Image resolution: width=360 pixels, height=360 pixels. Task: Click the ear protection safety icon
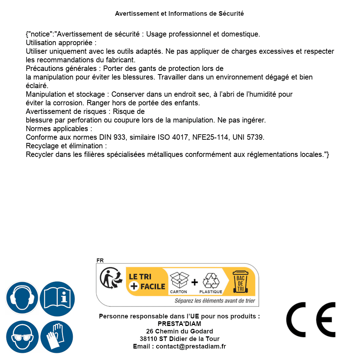click(x=22, y=298)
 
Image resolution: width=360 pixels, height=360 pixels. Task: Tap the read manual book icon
click(x=57, y=298)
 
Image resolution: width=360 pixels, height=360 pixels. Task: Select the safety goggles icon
click(x=22, y=337)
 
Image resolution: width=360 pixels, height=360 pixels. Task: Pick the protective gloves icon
click(x=57, y=337)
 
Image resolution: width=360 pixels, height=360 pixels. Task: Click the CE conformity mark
click(x=311, y=320)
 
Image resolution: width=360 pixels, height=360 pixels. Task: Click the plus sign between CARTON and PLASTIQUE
click(x=195, y=282)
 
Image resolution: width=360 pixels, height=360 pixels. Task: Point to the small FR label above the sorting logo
click(x=100, y=260)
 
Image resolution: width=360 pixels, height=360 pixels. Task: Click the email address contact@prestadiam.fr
click(x=191, y=346)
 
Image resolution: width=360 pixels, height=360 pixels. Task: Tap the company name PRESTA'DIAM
click(x=179, y=324)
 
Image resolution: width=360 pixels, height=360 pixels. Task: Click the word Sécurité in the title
click(x=231, y=14)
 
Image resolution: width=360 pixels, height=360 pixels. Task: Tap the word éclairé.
click(x=37, y=86)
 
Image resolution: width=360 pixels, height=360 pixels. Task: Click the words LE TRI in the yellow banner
click(x=140, y=277)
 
